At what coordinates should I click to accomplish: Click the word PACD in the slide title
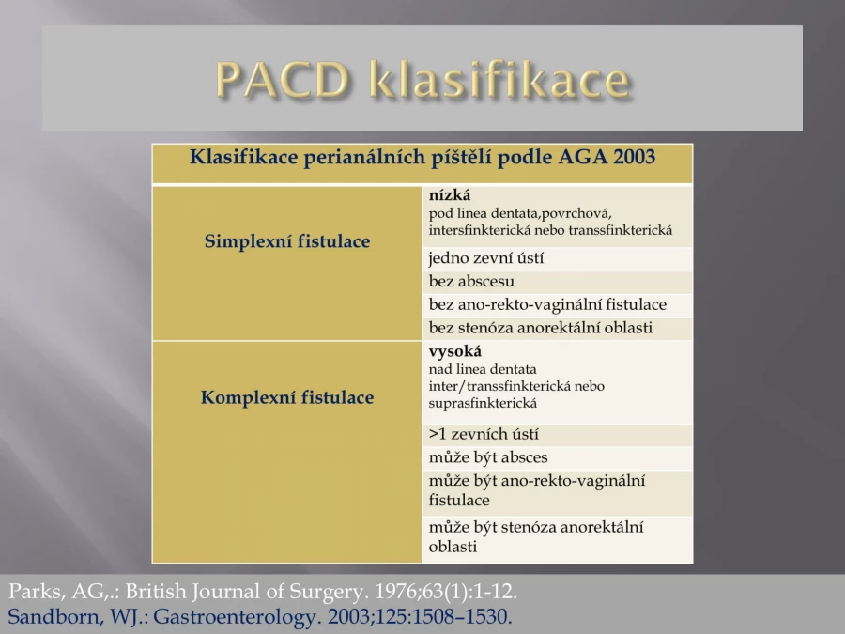283,79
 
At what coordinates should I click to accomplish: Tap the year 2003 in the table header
634,157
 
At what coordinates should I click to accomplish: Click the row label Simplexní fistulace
287,241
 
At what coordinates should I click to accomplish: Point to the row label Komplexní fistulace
287,397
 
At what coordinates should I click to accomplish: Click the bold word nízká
450,195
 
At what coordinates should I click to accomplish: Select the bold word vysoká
455,351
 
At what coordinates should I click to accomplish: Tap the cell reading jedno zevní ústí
486,258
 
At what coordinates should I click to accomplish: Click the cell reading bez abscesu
471,281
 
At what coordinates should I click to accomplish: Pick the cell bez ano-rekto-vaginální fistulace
547,304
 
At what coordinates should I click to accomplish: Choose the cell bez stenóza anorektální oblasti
541,328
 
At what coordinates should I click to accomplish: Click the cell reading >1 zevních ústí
484,434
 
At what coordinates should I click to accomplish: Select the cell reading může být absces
488,457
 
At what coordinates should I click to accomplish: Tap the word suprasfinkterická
483,403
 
